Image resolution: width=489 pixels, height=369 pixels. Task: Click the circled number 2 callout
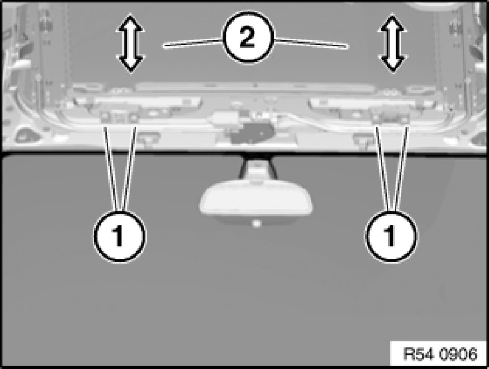(248, 37)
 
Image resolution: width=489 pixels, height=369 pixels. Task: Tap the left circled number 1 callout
(120, 236)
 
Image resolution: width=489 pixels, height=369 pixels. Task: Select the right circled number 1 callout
(391, 236)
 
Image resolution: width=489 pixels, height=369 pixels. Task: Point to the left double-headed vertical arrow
(130, 43)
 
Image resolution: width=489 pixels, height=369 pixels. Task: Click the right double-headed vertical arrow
(393, 43)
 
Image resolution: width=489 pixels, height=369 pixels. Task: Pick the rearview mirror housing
(256, 202)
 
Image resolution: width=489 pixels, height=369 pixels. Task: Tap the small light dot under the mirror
(256, 223)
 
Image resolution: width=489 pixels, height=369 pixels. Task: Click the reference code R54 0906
(440, 354)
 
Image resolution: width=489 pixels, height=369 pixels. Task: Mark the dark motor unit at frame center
(252, 133)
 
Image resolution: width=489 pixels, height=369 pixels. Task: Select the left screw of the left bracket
(105, 117)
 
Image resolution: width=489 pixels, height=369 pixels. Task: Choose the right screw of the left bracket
(134, 118)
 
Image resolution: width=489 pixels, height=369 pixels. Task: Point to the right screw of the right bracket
(405, 118)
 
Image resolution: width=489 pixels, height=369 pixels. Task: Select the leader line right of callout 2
(311, 43)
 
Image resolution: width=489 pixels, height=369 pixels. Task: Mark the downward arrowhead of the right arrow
(393, 64)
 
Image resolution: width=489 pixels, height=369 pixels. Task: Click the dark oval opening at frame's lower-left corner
(27, 136)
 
